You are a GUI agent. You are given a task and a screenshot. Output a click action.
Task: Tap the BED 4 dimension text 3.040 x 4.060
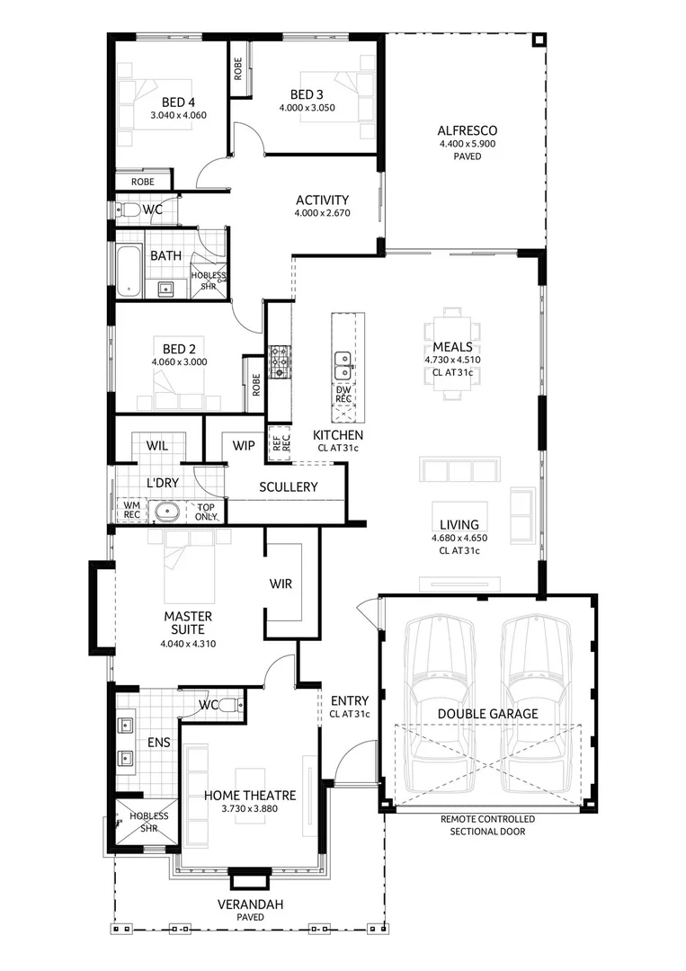[178, 115]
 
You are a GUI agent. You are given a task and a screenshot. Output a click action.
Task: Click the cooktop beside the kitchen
[280, 361]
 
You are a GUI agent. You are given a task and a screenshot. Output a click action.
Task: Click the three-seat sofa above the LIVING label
[459, 471]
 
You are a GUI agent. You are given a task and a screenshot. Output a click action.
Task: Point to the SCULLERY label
[289, 487]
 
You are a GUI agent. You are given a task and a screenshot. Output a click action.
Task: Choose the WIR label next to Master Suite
[281, 583]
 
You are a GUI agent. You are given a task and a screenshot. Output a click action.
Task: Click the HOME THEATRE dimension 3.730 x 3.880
[249, 809]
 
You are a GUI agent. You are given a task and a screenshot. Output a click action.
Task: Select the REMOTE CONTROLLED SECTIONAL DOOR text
[488, 825]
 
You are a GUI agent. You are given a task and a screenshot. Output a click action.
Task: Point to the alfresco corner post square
[538, 40]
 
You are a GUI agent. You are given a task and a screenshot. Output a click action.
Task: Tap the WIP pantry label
[243, 445]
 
